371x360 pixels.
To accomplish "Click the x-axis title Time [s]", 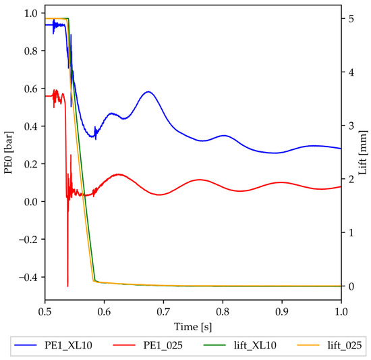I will [193, 326].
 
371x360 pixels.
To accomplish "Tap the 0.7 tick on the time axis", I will [163, 312].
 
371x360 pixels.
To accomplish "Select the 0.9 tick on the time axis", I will [281, 312].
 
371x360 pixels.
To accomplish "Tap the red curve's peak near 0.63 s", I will [119, 174].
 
